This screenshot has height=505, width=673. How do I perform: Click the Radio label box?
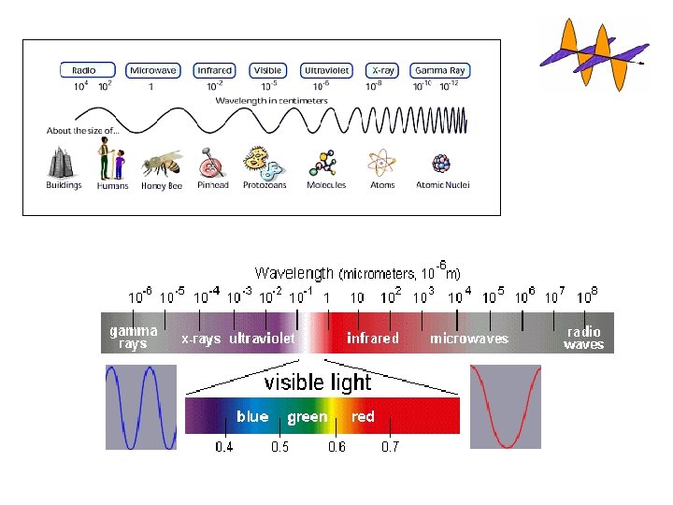91,70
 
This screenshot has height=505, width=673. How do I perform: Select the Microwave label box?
152,70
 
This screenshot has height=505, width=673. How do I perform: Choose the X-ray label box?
382,70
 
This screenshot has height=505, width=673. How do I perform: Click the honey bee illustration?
161,164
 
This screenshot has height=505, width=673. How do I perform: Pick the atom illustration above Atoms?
381,164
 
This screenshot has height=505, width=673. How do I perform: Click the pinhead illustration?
212,165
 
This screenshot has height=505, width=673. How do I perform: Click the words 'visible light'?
318,382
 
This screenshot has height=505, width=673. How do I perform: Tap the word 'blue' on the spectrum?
252,416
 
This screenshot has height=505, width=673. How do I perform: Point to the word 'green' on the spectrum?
308,417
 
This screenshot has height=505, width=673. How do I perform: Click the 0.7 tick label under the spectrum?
391,447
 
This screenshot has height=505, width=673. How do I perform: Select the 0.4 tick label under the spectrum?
224,447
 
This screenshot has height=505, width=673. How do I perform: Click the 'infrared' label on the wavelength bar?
373,338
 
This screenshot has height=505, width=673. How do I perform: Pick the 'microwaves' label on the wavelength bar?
468,338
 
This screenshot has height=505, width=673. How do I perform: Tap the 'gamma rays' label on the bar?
133,337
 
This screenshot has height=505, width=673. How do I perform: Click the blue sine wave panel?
140,407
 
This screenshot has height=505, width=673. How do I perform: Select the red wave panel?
505,407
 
